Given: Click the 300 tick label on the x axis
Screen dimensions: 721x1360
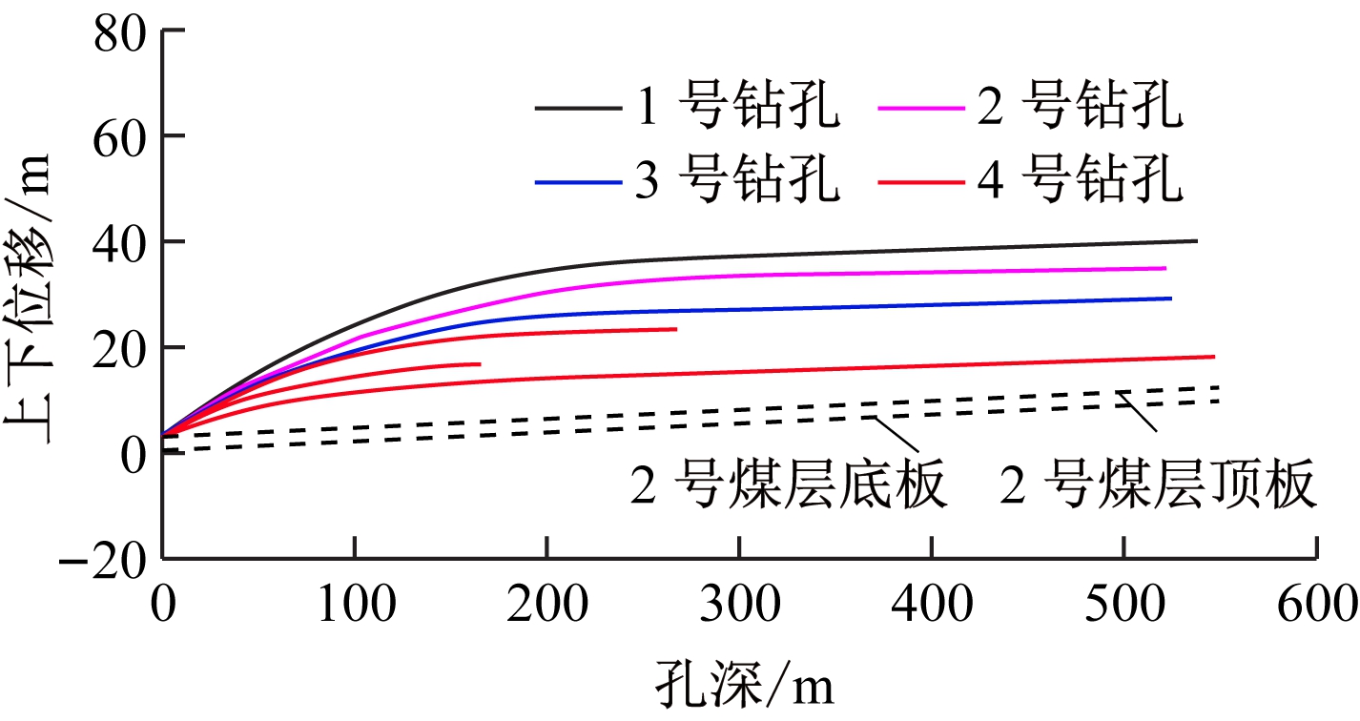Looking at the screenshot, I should [x=738, y=605].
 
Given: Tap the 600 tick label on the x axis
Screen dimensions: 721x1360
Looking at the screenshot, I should [x=1317, y=605].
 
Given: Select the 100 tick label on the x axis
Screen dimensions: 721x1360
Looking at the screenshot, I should [x=354, y=605].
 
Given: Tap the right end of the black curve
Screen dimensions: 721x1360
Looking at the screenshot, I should [x=1196, y=241].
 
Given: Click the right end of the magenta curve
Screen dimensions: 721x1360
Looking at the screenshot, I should [x=1165, y=268].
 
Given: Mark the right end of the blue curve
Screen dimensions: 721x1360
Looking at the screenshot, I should [x=1170, y=299].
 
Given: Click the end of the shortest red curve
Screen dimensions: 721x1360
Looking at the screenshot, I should [x=480, y=364].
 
